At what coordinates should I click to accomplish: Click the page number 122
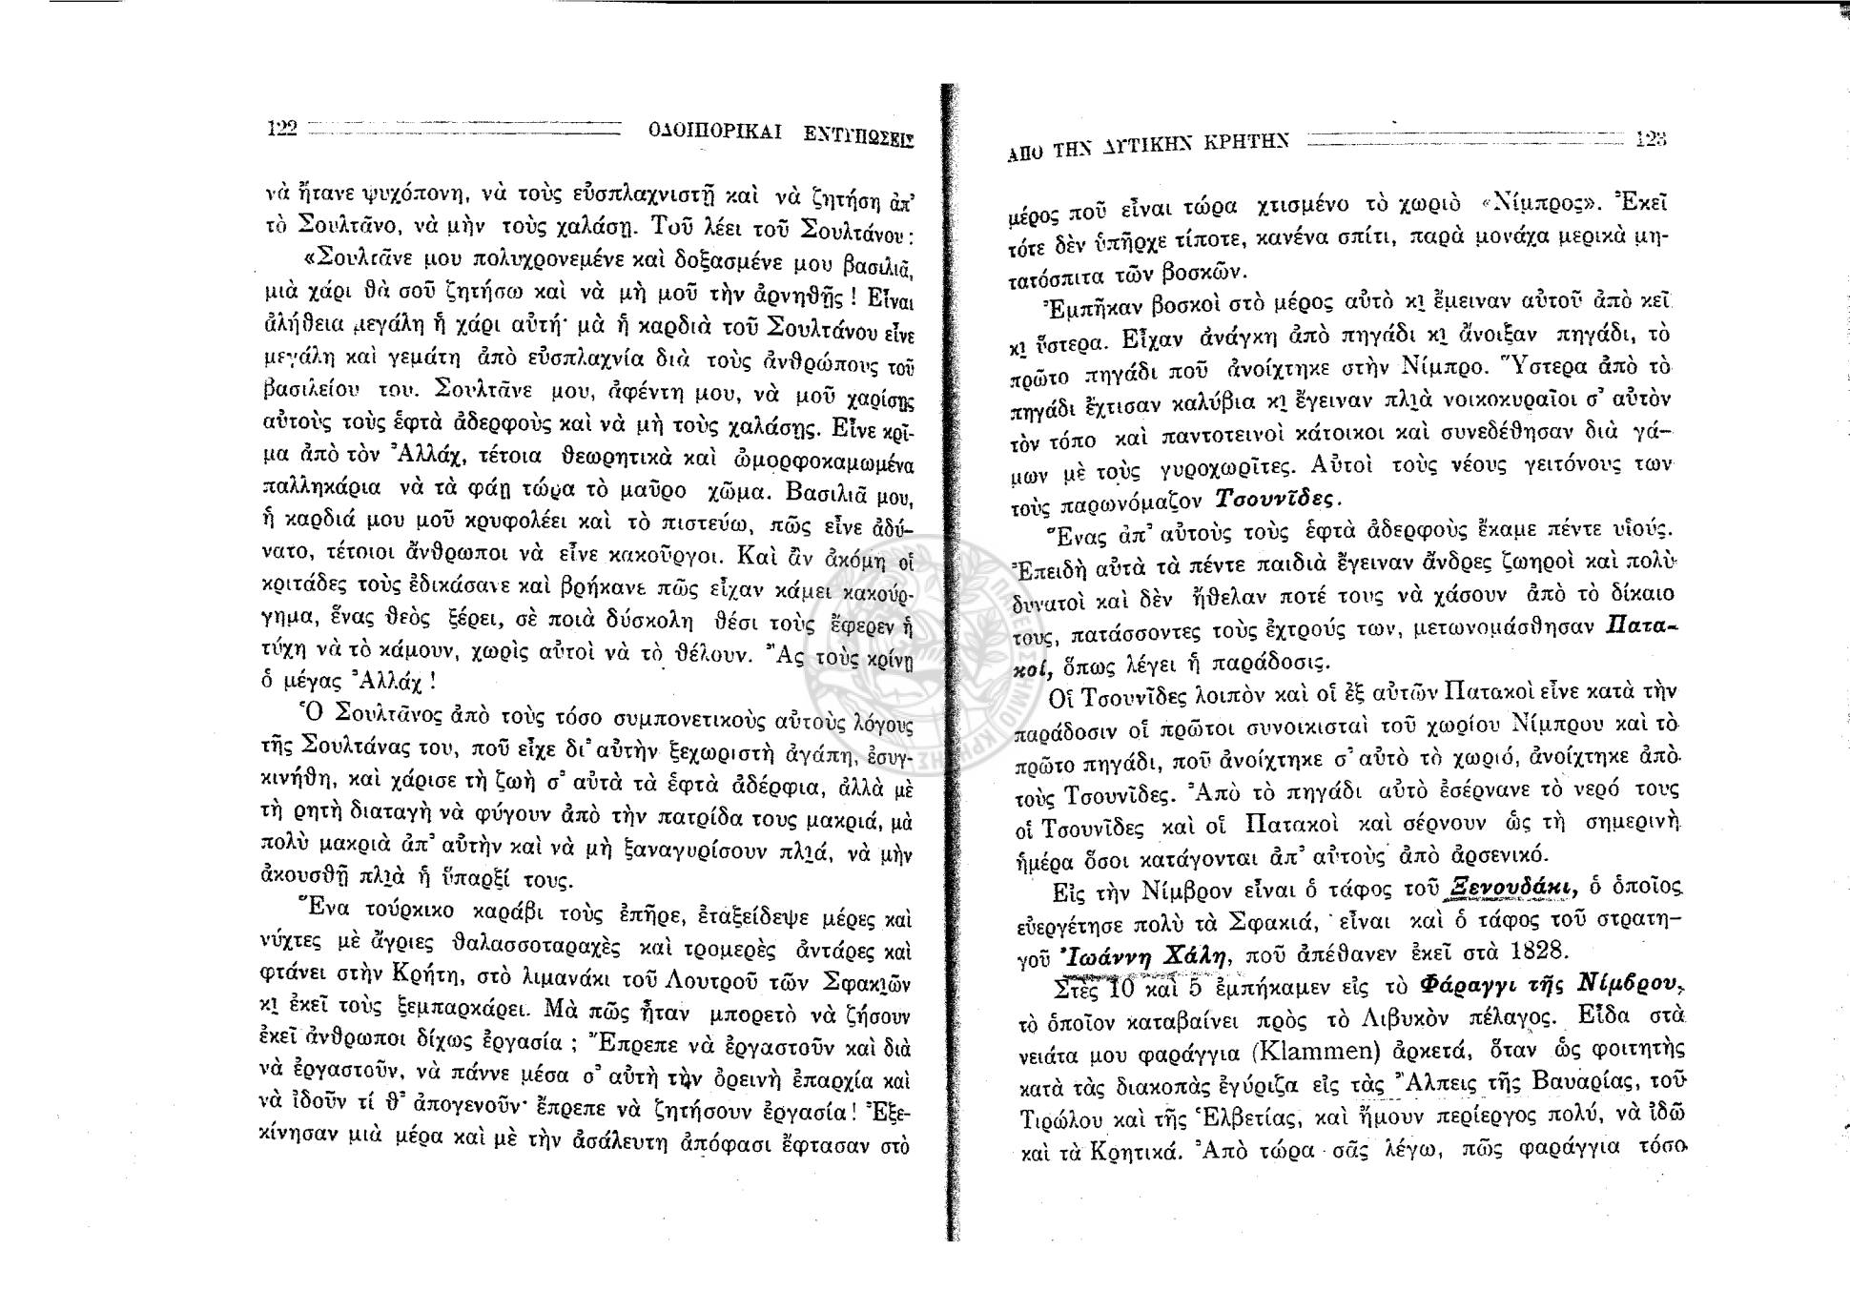tap(282, 128)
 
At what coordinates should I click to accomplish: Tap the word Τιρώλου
tap(1050, 1118)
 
